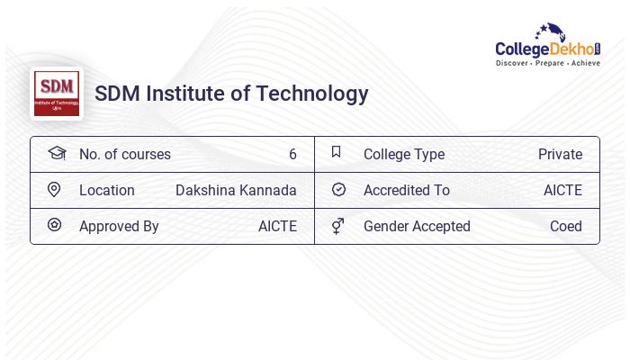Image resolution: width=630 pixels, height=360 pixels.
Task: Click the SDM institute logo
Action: [57, 94]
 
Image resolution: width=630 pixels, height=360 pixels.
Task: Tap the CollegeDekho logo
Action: [548, 46]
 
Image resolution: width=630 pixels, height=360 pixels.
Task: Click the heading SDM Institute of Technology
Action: [231, 94]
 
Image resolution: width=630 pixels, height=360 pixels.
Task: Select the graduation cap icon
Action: [57, 153]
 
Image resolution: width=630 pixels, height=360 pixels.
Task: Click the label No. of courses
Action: [125, 155]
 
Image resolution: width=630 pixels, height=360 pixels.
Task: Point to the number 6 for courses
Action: [292, 155]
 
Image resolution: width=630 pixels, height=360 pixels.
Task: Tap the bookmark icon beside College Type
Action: [337, 152]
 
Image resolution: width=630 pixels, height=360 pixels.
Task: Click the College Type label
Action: [404, 155]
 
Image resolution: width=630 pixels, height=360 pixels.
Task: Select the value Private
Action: [560, 155]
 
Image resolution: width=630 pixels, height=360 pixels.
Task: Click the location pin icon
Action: [54, 190]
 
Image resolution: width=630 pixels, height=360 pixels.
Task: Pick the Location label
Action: [107, 191]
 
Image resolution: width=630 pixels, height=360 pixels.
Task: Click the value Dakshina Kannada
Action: [236, 191]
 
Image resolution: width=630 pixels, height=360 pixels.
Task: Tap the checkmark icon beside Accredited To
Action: [338, 190]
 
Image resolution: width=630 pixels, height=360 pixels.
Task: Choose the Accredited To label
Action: [407, 191]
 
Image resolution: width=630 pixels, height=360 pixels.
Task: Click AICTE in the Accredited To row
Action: [562, 191]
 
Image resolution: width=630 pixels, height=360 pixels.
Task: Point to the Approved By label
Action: [119, 227]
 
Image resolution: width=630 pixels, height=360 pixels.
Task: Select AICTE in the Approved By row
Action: [277, 227]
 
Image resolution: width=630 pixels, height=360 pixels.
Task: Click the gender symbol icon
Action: [337, 226]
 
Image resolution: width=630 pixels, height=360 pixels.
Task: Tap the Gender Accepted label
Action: [417, 227]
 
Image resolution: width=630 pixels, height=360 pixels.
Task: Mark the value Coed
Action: [566, 227]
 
